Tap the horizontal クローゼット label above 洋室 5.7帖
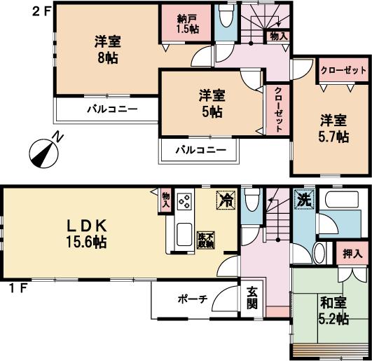point(343,71)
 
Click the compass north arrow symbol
point(43,151)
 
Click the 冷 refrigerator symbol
point(226,200)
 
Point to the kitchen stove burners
point(186,202)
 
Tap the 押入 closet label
point(353,253)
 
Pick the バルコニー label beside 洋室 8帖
point(112,109)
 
